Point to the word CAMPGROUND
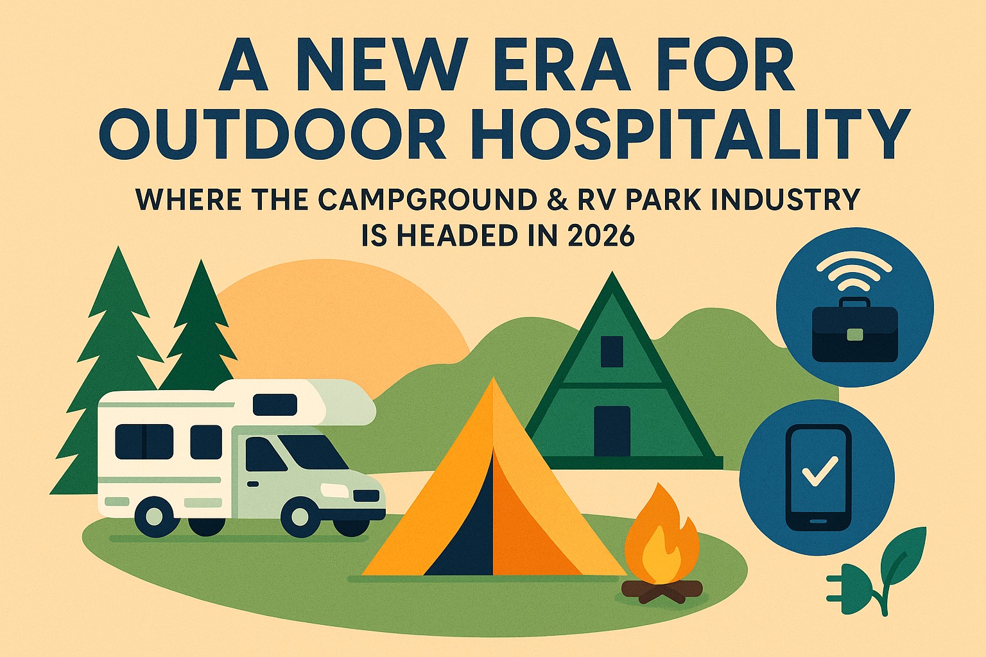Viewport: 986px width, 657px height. pyautogui.click(x=427, y=200)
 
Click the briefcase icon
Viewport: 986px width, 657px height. pyautogui.click(x=854, y=330)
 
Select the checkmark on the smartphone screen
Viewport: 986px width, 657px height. pyautogui.click(x=820, y=470)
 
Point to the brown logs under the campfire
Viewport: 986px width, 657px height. pyautogui.click(x=662, y=591)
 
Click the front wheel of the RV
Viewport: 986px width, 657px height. pyautogui.click(x=300, y=516)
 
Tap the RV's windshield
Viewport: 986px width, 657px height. pyautogui.click(x=313, y=452)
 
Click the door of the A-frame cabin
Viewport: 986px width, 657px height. pyautogui.click(x=612, y=431)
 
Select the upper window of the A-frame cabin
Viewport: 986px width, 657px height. pyautogui.click(x=612, y=352)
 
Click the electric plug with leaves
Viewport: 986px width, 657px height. pyautogui.click(x=877, y=572)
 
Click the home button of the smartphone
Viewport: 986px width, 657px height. pyautogui.click(x=818, y=521)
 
